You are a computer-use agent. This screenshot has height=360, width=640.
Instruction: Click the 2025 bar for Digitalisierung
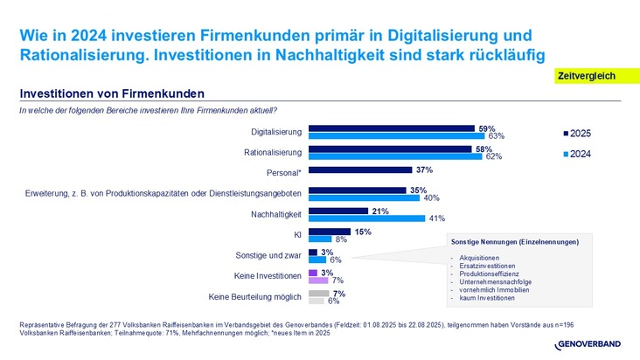pos(391,128)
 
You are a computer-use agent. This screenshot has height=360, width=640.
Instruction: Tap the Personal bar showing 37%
pos(360,170)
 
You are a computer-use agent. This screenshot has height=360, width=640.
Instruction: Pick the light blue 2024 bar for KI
pos(319,239)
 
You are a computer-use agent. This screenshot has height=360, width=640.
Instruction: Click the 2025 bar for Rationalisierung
pos(390,149)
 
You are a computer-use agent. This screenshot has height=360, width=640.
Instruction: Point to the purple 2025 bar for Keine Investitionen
pos(312,273)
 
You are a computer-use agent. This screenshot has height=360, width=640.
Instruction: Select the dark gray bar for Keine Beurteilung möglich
pos(318,294)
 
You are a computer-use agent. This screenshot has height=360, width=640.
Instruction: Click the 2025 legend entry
pos(577,133)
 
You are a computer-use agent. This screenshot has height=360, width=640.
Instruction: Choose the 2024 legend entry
pos(577,154)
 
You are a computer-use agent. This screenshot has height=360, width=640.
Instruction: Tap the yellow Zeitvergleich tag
pos(586,77)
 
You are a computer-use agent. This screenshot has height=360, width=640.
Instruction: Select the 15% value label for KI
pos(364,232)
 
